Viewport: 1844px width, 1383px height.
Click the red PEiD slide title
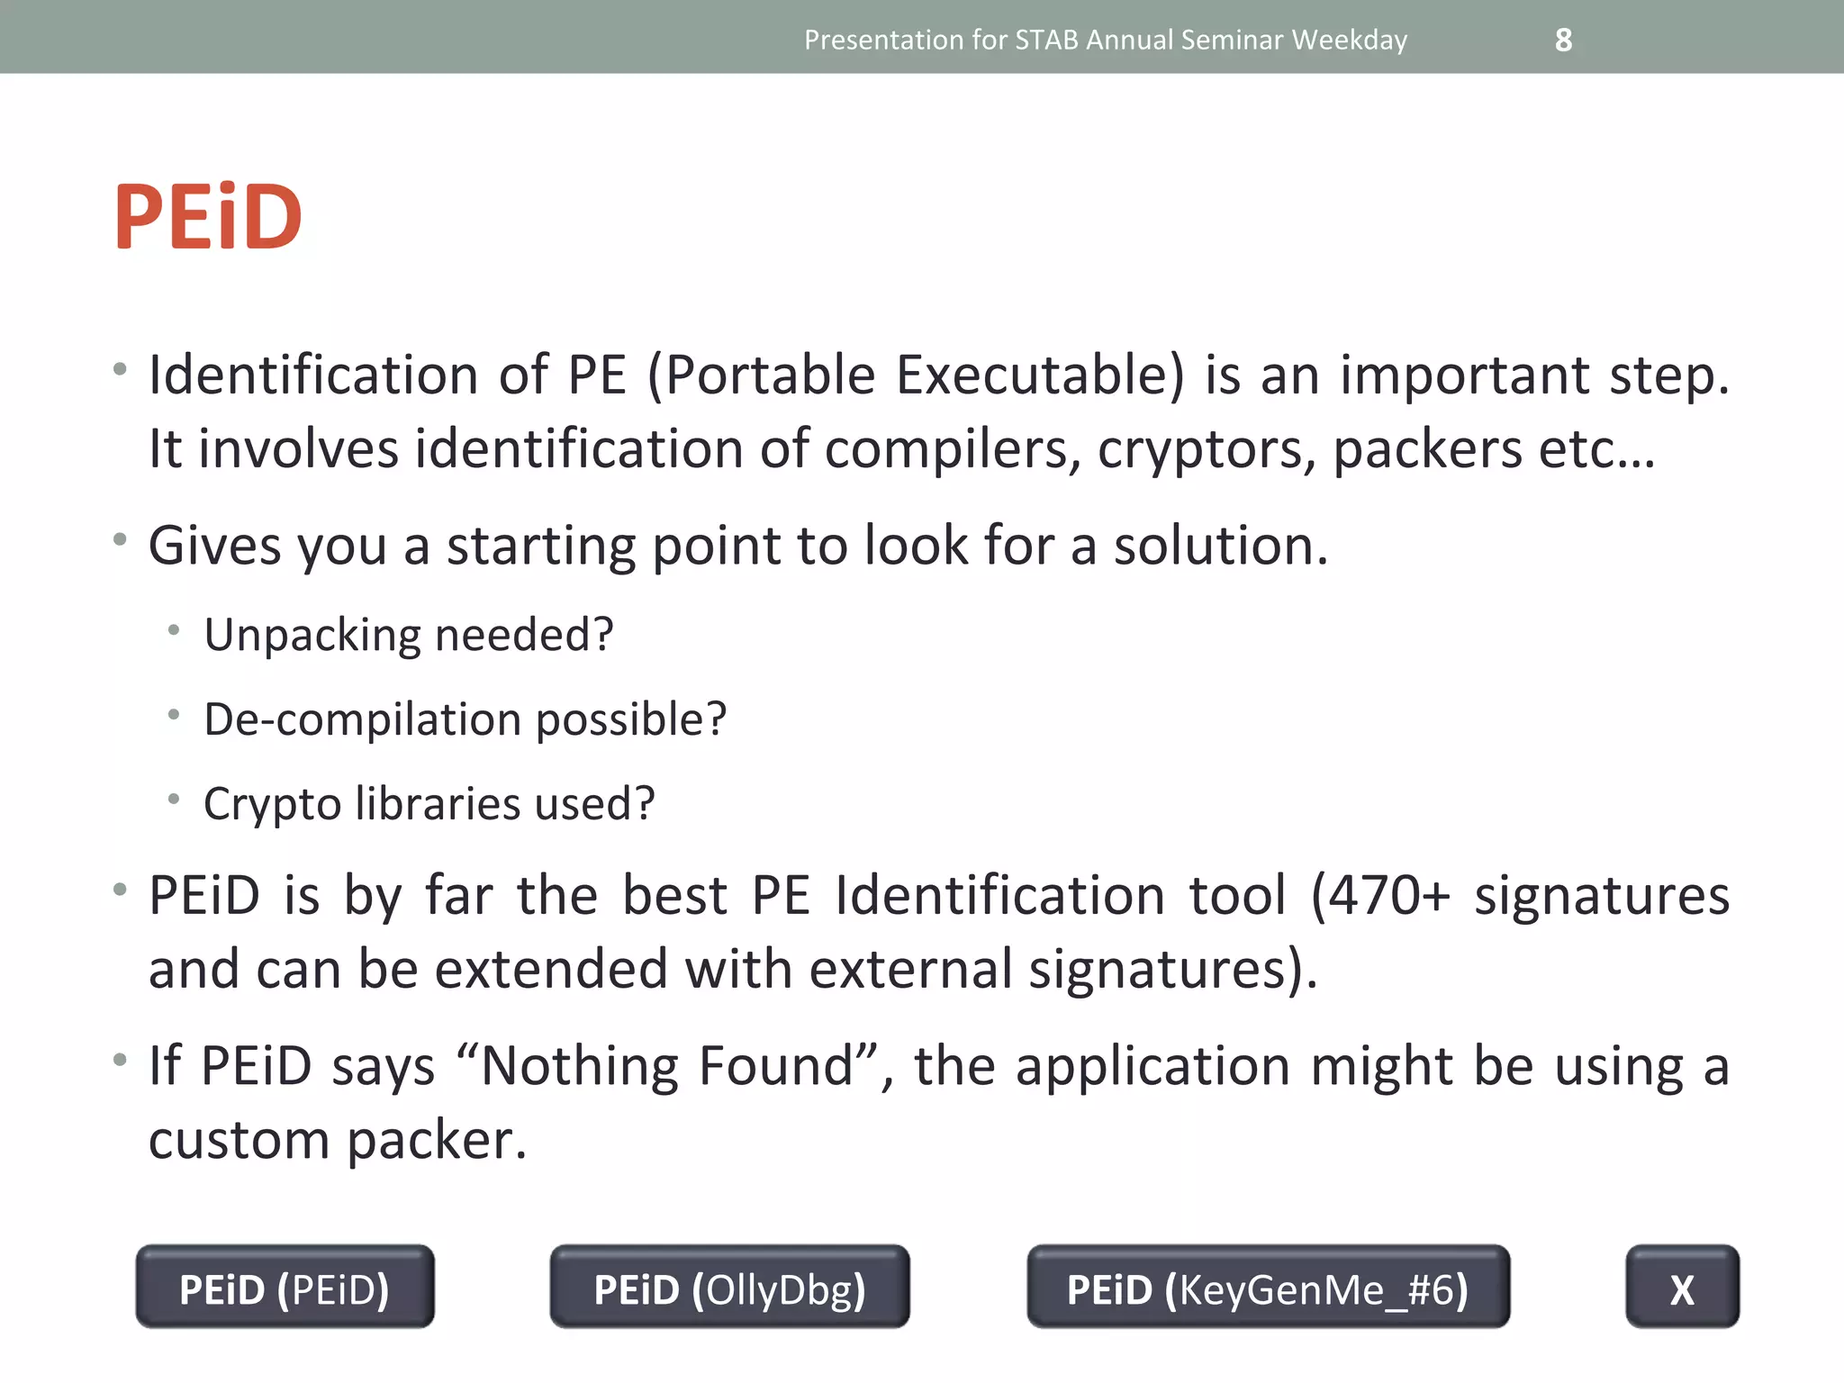tap(208, 217)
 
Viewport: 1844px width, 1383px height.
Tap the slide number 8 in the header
tap(1563, 40)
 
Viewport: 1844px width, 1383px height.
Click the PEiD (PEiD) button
tap(285, 1288)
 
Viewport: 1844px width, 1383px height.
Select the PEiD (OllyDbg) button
tap(729, 1288)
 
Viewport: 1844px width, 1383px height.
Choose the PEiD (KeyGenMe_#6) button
tap(1268, 1288)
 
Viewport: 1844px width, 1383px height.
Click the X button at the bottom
tap(1682, 1288)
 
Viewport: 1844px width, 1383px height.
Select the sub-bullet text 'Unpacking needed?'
tap(409, 635)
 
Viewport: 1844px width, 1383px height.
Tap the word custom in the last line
tap(239, 1140)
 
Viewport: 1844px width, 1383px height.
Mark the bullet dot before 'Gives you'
tap(120, 539)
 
